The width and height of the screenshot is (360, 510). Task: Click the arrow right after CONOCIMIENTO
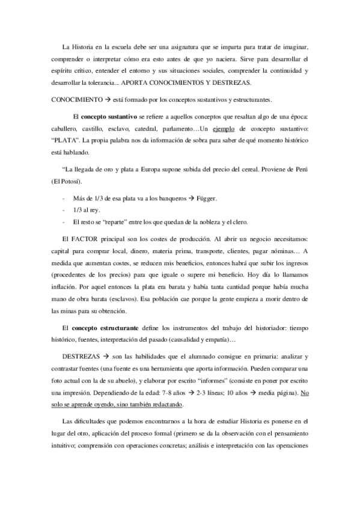tap(99, 97)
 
